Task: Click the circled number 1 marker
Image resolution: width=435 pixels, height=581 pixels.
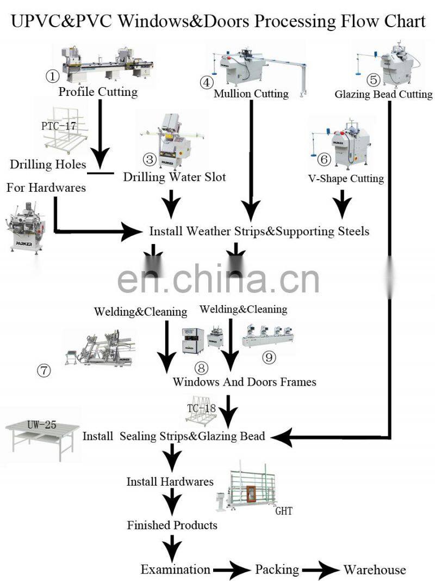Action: click(52, 76)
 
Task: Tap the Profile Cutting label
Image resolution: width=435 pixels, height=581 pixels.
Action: click(98, 91)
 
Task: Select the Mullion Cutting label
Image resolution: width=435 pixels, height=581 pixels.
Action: click(251, 94)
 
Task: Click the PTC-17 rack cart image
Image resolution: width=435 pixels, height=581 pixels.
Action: click(65, 131)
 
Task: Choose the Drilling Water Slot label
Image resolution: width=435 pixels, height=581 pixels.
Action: click(174, 177)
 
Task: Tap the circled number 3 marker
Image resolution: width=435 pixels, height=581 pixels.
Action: click(150, 159)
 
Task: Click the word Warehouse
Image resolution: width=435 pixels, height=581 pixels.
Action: click(374, 570)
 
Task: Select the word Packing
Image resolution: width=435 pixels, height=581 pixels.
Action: click(277, 570)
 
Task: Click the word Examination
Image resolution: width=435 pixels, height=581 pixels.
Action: click(175, 570)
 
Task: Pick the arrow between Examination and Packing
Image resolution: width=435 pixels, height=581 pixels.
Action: click(232, 570)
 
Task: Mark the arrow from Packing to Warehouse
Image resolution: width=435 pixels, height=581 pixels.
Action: click(321, 570)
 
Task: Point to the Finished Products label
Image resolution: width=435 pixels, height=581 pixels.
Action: click(172, 525)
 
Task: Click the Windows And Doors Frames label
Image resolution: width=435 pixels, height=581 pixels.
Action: click(244, 382)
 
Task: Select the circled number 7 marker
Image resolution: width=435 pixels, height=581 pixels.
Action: click(43, 371)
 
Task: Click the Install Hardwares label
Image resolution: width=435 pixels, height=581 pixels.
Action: click(170, 482)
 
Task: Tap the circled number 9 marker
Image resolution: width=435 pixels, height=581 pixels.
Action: click(269, 358)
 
